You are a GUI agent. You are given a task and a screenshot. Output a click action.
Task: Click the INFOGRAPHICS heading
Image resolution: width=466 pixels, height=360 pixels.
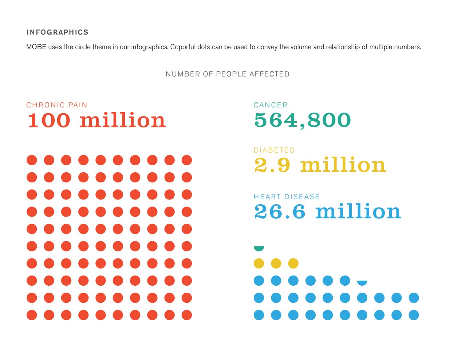tap(58, 32)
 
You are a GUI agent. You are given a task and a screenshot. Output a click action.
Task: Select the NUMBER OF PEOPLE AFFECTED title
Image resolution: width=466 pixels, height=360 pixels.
tap(228, 74)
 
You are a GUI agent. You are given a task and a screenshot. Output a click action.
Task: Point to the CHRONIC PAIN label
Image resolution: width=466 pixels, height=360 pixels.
tap(57, 105)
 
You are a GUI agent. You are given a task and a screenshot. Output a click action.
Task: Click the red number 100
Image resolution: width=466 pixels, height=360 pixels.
tap(49, 120)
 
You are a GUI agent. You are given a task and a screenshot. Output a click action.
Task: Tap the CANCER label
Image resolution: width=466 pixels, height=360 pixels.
tap(270, 105)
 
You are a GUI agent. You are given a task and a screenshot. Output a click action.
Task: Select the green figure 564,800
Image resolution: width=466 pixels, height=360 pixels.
tap(303, 120)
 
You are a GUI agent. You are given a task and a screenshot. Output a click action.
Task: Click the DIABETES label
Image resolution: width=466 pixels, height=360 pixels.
tap(274, 150)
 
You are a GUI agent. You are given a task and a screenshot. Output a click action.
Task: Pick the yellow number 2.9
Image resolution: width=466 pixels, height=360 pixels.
tap(272, 165)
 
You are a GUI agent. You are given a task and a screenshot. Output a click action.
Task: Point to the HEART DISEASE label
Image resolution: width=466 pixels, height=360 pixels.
tap(287, 197)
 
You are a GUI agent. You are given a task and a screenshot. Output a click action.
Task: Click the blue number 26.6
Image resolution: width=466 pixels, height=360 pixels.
tap(280, 212)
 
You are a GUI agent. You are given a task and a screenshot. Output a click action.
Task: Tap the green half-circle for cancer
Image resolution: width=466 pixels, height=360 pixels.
tap(259, 248)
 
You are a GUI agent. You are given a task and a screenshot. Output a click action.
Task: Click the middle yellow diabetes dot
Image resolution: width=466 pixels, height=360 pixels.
tap(276, 263)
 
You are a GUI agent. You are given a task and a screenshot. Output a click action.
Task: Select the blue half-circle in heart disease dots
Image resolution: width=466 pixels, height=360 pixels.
tap(362, 282)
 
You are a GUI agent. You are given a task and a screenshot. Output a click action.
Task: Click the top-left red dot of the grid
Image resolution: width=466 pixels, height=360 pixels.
tap(32, 160)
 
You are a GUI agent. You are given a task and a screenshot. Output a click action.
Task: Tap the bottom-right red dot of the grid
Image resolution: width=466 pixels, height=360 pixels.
tap(187, 315)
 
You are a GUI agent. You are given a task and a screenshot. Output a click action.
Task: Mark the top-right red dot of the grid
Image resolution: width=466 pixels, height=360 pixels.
tap(187, 160)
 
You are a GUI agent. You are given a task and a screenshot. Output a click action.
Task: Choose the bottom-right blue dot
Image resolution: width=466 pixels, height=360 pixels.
tap(414, 315)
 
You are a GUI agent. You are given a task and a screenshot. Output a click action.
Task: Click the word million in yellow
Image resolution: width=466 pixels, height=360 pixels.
tap(343, 165)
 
